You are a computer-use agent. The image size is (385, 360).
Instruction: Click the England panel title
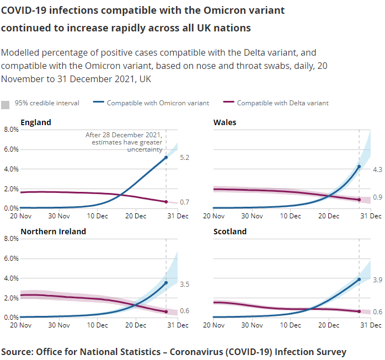(36, 122)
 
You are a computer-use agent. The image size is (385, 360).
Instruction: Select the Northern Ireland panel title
(53, 232)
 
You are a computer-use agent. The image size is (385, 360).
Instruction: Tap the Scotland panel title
(230, 232)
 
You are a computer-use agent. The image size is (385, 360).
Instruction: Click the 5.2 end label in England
(185, 158)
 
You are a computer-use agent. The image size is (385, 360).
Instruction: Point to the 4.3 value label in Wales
(378, 170)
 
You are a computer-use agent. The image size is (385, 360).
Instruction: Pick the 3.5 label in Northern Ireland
(185, 284)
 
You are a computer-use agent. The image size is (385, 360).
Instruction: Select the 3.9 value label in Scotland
(378, 280)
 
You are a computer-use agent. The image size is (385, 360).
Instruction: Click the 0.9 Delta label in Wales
(378, 197)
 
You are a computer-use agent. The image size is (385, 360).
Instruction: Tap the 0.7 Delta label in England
(185, 202)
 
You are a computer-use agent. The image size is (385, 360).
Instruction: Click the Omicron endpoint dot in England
(166, 158)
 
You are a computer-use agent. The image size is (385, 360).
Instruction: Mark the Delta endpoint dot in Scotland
(359, 311)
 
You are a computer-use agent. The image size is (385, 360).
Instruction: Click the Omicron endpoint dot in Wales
(359, 166)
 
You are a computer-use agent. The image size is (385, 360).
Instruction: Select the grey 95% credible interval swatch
(6, 104)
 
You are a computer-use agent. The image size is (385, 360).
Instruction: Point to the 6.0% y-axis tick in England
(12, 149)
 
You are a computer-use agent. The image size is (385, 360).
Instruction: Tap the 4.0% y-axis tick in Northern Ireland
(12, 278)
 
